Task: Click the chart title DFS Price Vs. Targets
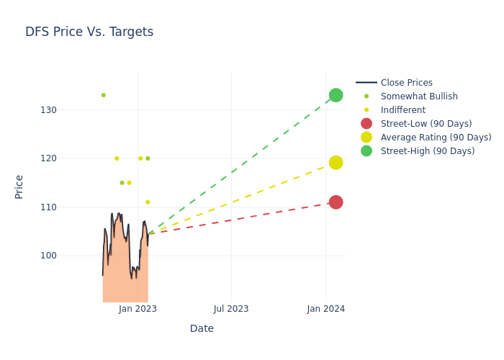(89, 32)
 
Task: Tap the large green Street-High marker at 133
(336, 95)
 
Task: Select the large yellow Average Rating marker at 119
(336, 163)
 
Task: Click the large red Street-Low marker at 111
(336, 202)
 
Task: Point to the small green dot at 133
(103, 95)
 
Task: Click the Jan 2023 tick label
(138, 309)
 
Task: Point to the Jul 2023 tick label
(231, 309)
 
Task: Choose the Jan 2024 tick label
(325, 309)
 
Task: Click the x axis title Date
(202, 328)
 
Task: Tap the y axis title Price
(19, 186)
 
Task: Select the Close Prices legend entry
(406, 83)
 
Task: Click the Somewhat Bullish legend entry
(419, 96)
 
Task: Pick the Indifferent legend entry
(402, 110)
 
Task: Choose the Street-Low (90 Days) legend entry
(426, 124)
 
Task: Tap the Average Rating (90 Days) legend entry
(436, 138)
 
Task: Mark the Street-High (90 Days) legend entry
(428, 151)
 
